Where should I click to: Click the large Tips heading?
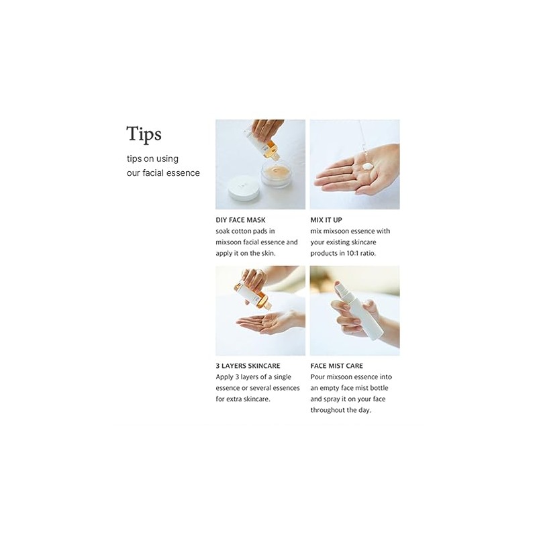144,134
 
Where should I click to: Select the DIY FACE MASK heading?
240,220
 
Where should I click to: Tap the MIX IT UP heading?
326,220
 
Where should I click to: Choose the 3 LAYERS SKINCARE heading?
248,366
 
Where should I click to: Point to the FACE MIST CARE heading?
337,366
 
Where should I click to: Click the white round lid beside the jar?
244,188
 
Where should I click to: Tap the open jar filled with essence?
276,174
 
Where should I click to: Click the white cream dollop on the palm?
367,166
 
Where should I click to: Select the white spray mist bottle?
358,310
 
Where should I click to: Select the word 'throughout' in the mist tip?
327,410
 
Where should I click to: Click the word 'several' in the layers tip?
271,388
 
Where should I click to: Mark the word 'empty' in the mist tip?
330,389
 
